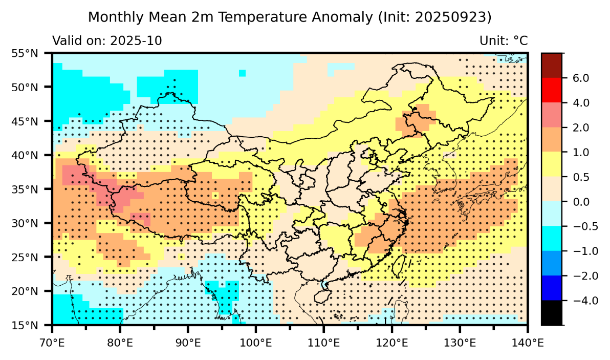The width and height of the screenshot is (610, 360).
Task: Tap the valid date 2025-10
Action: [137, 41]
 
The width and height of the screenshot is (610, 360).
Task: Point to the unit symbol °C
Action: [520, 41]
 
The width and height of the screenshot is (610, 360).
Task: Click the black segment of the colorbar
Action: [552, 312]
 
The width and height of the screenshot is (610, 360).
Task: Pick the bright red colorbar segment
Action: [552, 90]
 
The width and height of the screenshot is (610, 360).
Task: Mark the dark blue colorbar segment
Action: [552, 288]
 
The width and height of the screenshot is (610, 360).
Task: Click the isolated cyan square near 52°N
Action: [242, 73]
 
